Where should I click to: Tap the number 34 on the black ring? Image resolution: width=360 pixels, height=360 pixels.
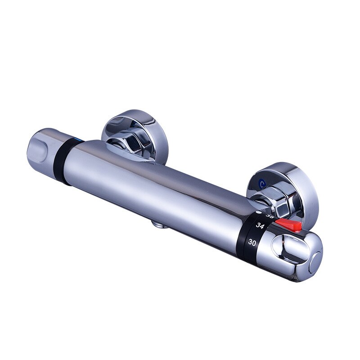click(x=260, y=225)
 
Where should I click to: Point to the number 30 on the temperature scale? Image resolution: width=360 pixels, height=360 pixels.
click(x=252, y=243)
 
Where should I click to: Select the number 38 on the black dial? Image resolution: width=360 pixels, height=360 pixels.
click(x=270, y=216)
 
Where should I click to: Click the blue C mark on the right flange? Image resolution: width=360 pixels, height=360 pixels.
click(x=262, y=183)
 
